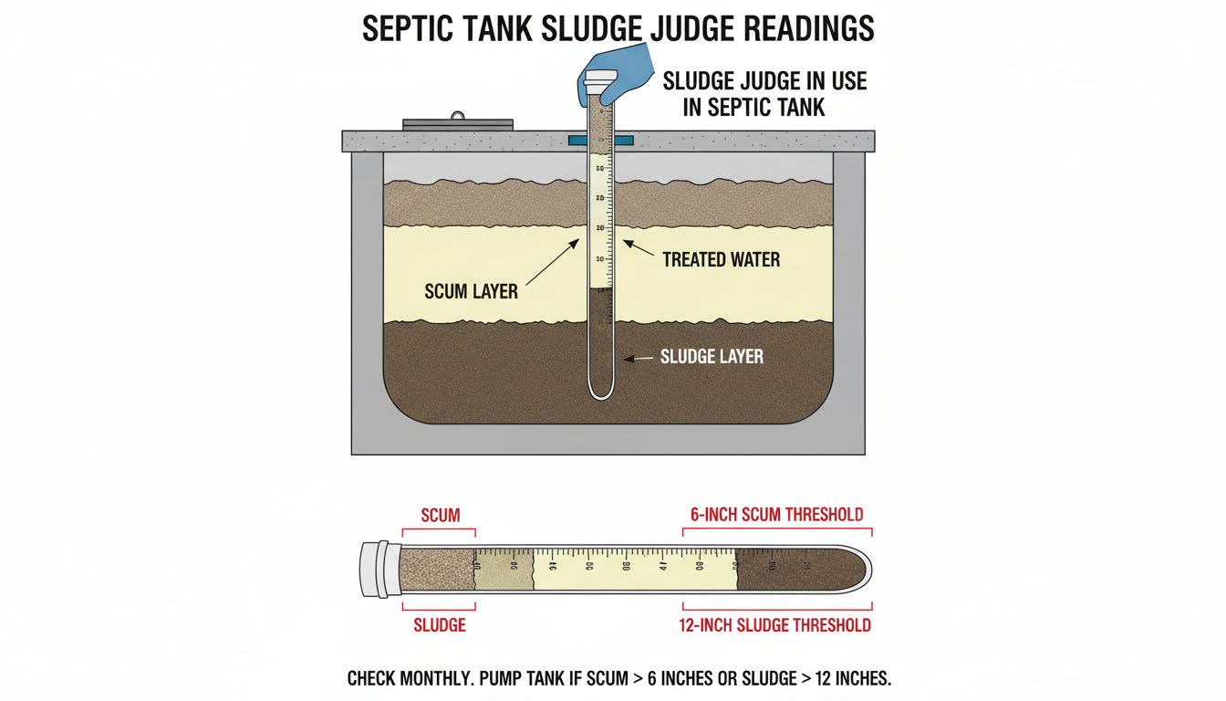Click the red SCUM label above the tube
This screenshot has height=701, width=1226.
(440, 515)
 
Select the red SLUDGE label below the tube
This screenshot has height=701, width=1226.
(440, 625)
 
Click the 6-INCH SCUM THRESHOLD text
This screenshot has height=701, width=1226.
(774, 515)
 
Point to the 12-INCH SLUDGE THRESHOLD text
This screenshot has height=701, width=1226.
(774, 625)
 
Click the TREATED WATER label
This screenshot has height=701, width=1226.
(721, 260)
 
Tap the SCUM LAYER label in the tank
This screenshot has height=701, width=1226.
(471, 292)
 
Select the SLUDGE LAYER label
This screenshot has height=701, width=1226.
(712, 357)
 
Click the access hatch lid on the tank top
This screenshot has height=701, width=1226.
(458, 122)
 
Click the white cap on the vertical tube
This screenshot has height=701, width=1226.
(601, 81)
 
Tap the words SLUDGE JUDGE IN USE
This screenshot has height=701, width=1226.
(764, 81)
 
